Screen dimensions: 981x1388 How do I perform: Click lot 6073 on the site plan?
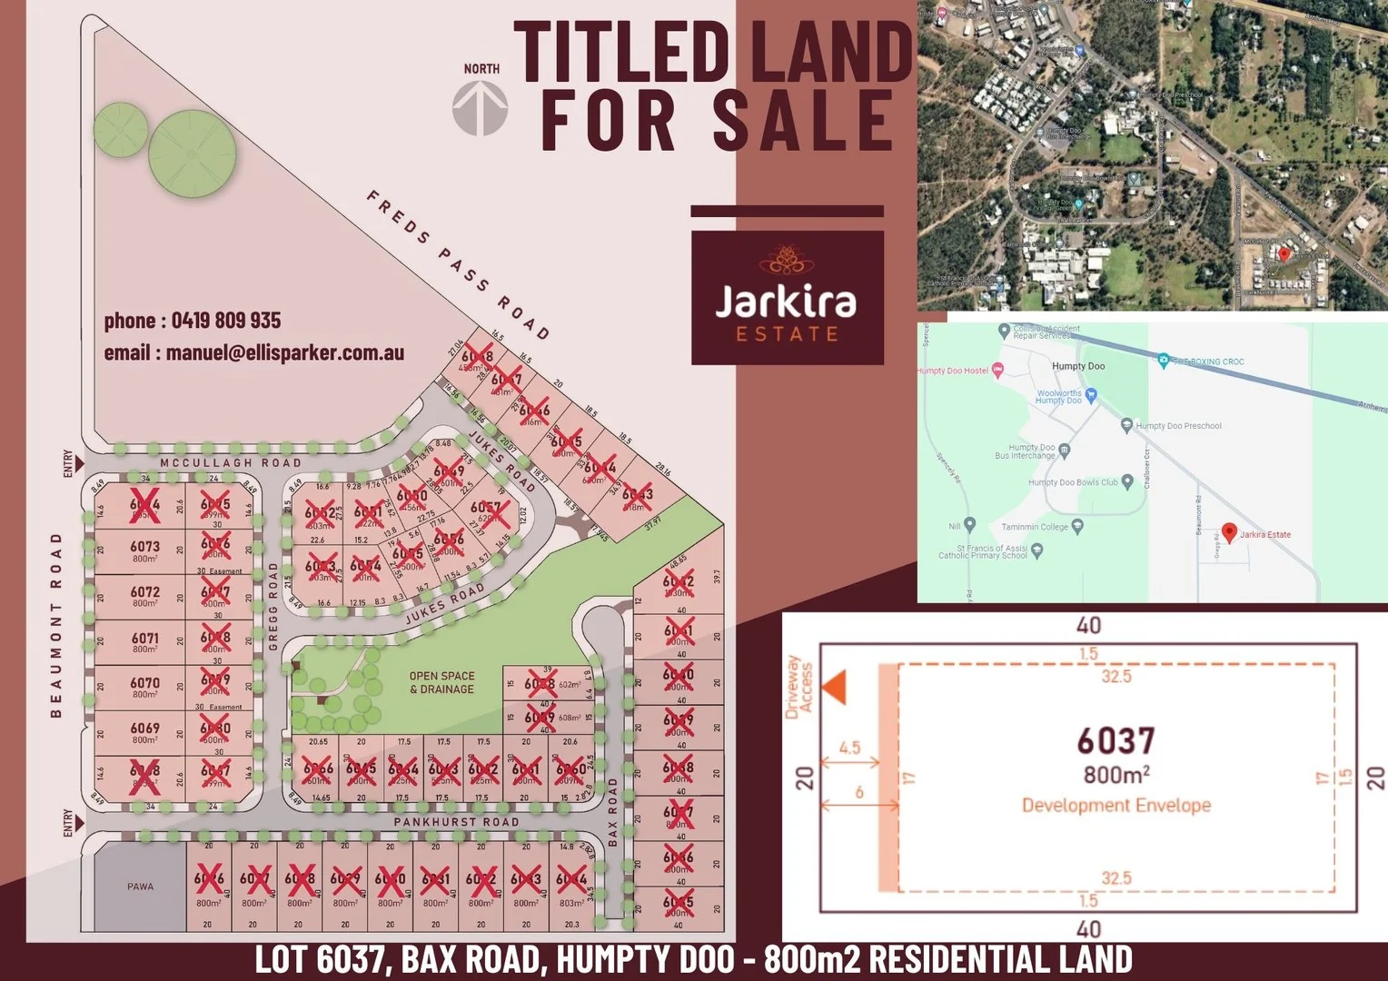[x=144, y=550]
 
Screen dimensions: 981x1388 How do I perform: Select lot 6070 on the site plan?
[x=144, y=687]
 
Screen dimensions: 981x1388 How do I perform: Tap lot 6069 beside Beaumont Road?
[x=144, y=732]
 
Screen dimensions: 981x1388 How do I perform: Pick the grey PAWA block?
[x=140, y=887]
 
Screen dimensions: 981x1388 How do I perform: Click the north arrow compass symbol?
[x=480, y=108]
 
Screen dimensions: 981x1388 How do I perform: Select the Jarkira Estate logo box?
[x=787, y=297]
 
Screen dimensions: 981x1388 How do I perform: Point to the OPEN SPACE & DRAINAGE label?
[x=441, y=682]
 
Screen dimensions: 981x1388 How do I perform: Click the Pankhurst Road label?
[x=456, y=822]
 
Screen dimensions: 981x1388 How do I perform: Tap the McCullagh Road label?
[x=230, y=463]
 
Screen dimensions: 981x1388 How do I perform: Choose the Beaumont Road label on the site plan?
[x=56, y=625]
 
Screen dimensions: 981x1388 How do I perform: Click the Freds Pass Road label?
[x=458, y=264]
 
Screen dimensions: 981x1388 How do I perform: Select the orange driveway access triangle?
[x=834, y=687]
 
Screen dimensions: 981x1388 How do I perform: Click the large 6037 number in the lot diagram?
[x=1115, y=741]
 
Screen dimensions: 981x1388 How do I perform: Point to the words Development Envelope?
[x=1115, y=805]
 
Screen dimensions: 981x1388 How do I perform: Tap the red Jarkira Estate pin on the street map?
[x=1229, y=532]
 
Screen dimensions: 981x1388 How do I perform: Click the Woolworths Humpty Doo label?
[x=1059, y=397]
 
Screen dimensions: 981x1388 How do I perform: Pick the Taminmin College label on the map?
[x=1035, y=527]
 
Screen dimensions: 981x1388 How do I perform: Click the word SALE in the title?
[x=803, y=120]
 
